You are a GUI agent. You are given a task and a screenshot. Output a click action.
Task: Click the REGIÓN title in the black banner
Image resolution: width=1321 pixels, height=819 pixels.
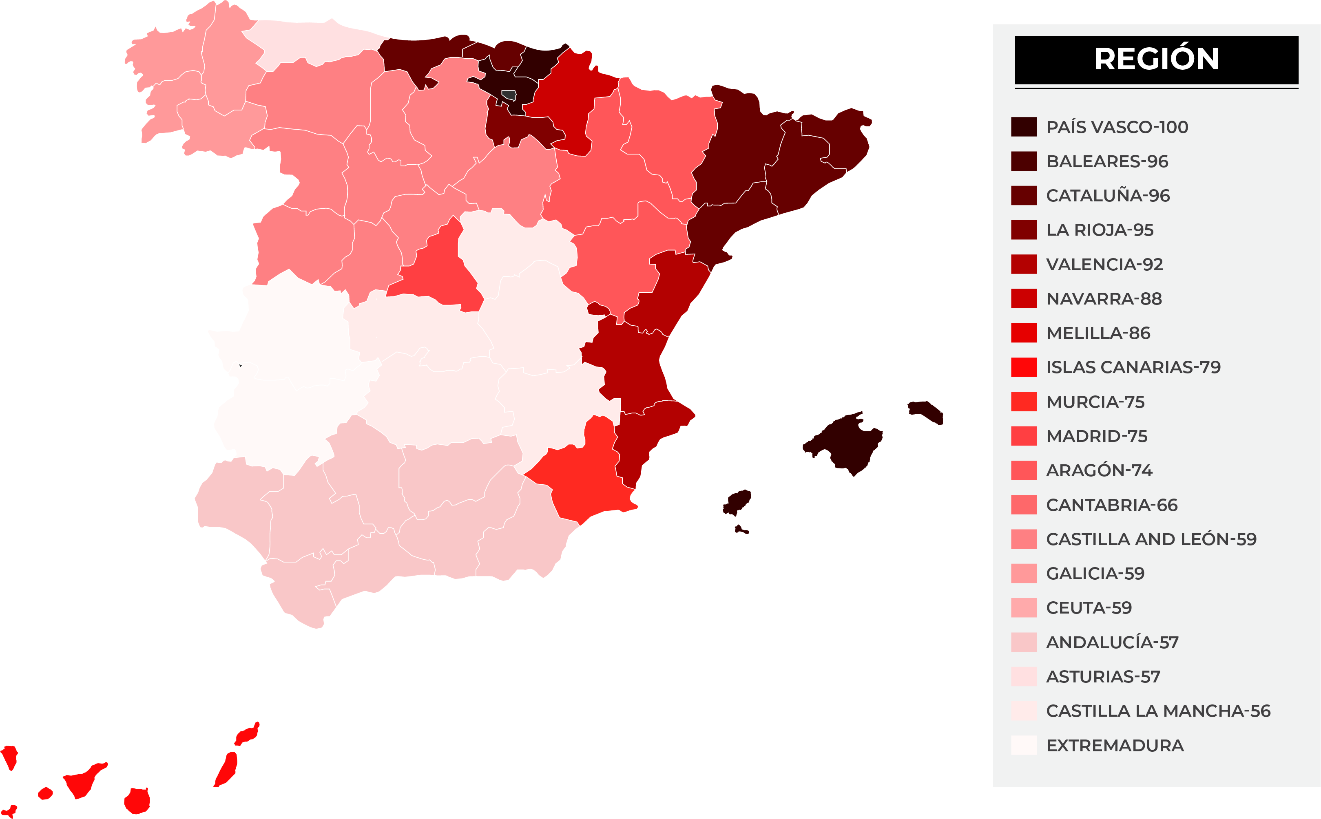pyautogui.click(x=1156, y=59)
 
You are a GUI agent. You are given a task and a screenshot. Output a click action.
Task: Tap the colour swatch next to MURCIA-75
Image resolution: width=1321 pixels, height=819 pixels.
pyautogui.click(x=1024, y=402)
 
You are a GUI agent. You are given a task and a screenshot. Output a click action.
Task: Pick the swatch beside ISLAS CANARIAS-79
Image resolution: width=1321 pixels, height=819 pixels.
pyautogui.click(x=1024, y=367)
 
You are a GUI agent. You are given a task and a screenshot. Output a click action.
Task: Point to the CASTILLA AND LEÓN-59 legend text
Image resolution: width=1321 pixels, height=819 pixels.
pyautogui.click(x=1151, y=539)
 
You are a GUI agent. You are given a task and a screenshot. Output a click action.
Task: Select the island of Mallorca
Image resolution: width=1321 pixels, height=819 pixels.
pyautogui.click(x=845, y=442)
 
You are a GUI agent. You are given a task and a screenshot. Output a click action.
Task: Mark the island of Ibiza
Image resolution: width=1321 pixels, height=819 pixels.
pyautogui.click(x=737, y=502)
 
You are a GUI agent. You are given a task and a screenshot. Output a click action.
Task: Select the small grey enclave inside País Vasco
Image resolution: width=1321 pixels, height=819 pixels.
pyautogui.click(x=508, y=95)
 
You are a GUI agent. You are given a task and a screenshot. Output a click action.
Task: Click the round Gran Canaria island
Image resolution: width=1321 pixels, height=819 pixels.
pyautogui.click(x=137, y=801)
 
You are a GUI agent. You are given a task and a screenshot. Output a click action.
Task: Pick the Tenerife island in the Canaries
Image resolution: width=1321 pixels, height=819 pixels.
pyautogui.click(x=84, y=780)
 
